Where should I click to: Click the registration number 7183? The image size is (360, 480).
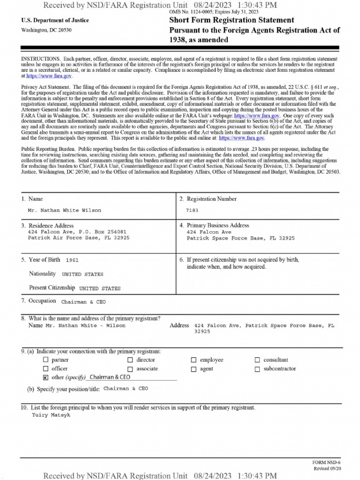(x=192, y=210)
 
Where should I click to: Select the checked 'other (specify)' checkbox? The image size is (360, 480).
(x=45, y=377)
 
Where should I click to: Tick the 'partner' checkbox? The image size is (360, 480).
(x=45, y=360)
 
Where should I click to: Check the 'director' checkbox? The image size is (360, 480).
(x=130, y=360)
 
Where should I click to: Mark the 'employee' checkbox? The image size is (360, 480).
(x=194, y=360)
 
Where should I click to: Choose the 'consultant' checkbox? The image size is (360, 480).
(x=257, y=360)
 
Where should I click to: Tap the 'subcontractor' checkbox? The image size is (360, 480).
(x=257, y=369)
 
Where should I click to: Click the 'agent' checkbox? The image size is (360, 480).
(x=194, y=369)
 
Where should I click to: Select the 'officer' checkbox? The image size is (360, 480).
(x=45, y=369)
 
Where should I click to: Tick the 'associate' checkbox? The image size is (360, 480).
(x=130, y=369)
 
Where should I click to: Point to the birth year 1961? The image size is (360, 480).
(x=72, y=260)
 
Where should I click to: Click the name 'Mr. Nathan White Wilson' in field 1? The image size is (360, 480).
(x=64, y=210)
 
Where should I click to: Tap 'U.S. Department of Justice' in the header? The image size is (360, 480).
(x=55, y=21)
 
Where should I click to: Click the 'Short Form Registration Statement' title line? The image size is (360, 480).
(x=232, y=20)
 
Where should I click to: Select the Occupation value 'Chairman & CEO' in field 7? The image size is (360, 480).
(x=83, y=302)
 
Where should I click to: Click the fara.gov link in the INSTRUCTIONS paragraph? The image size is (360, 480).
(x=49, y=75)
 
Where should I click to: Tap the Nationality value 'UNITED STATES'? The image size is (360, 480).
(x=82, y=274)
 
